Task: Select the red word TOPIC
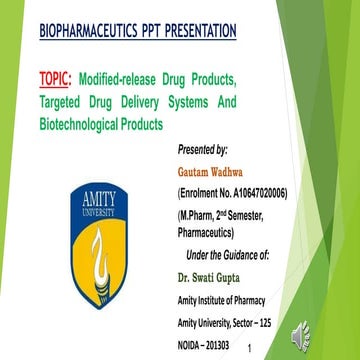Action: (59, 79)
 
